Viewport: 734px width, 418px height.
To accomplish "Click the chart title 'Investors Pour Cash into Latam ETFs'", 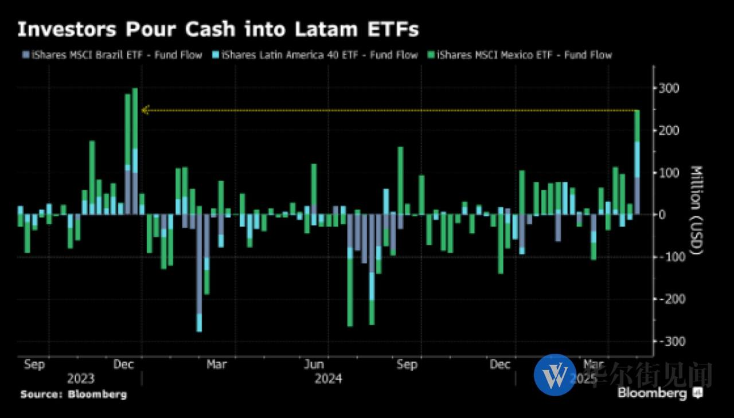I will [218, 30].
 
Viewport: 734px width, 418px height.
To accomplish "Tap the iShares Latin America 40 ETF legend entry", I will [315, 55].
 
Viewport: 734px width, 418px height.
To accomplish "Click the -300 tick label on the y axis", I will [669, 341].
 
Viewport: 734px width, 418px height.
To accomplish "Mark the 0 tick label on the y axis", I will [663, 214].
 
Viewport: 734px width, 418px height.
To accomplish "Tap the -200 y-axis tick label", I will [669, 299].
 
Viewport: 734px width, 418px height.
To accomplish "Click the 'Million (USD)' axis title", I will [696, 210].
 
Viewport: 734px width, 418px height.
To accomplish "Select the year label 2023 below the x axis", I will [81, 379].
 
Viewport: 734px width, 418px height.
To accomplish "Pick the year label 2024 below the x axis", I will [328, 379].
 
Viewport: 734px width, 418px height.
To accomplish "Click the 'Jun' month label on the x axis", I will [314, 365].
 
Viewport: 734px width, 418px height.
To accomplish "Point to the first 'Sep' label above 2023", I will [34, 365].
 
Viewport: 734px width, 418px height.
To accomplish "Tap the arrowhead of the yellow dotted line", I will [145, 110].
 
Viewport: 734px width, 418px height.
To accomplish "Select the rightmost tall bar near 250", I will [637, 161].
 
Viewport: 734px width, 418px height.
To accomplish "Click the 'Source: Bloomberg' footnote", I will [73, 394].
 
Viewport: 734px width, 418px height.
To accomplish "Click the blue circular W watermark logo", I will [555, 374].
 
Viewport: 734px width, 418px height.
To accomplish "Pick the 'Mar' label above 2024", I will [217, 365].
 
